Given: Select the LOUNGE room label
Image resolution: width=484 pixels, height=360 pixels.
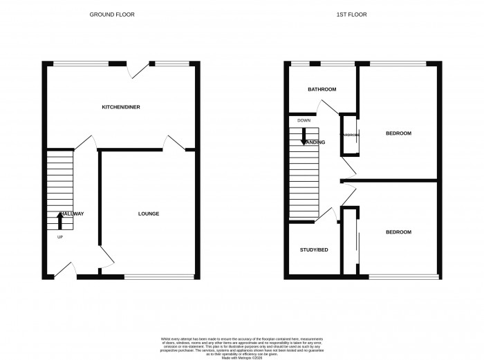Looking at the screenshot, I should coord(149,214).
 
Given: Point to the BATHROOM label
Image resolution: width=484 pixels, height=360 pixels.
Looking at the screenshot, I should coord(322,90).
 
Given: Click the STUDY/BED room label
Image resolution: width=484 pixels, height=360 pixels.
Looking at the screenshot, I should coord(313,249).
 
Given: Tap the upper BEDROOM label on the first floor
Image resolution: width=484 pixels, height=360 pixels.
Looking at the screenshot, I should coord(398,133).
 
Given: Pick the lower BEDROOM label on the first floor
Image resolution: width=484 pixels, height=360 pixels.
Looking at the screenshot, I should coord(398,232).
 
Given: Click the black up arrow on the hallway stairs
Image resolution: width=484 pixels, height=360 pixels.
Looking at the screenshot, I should coord(59,221).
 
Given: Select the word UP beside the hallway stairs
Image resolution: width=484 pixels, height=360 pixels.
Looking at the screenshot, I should coord(59,237).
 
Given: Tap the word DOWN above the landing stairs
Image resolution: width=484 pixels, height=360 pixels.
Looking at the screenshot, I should coord(304,121).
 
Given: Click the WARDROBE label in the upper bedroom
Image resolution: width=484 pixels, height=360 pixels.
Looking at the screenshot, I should coord(349,134).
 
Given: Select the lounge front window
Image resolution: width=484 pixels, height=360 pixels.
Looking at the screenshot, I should coord(159,277).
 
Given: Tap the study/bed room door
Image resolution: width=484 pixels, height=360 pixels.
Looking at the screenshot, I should coord(328,216).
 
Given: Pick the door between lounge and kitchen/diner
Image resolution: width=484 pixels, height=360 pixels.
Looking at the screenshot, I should coord(171,143).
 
